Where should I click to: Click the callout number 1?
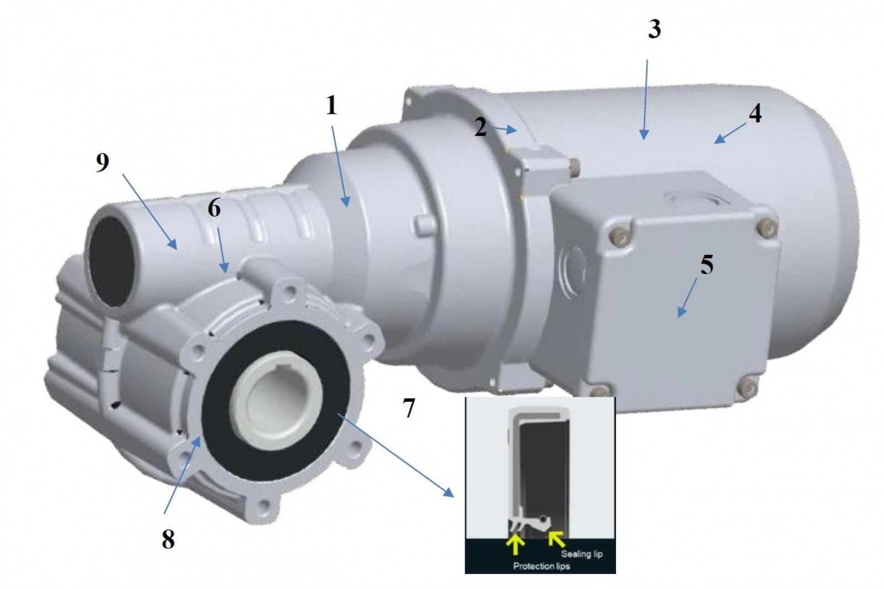coord(331,106)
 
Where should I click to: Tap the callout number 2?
coord(480,127)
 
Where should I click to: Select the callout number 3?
coord(654,29)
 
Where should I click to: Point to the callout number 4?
coord(755,114)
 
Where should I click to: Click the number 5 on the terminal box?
coord(707,264)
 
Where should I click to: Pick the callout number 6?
coord(214,208)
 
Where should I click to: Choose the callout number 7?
coord(408,408)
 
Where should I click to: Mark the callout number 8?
coord(168,539)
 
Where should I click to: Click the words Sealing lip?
coord(582,554)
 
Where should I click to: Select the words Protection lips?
coord(541,566)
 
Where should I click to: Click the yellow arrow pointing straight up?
coord(515,544)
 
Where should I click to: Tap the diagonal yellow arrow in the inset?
coord(557,539)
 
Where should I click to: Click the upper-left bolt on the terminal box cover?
coord(618,235)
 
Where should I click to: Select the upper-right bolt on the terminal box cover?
coord(767,228)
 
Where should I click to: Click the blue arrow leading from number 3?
coord(646,100)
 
